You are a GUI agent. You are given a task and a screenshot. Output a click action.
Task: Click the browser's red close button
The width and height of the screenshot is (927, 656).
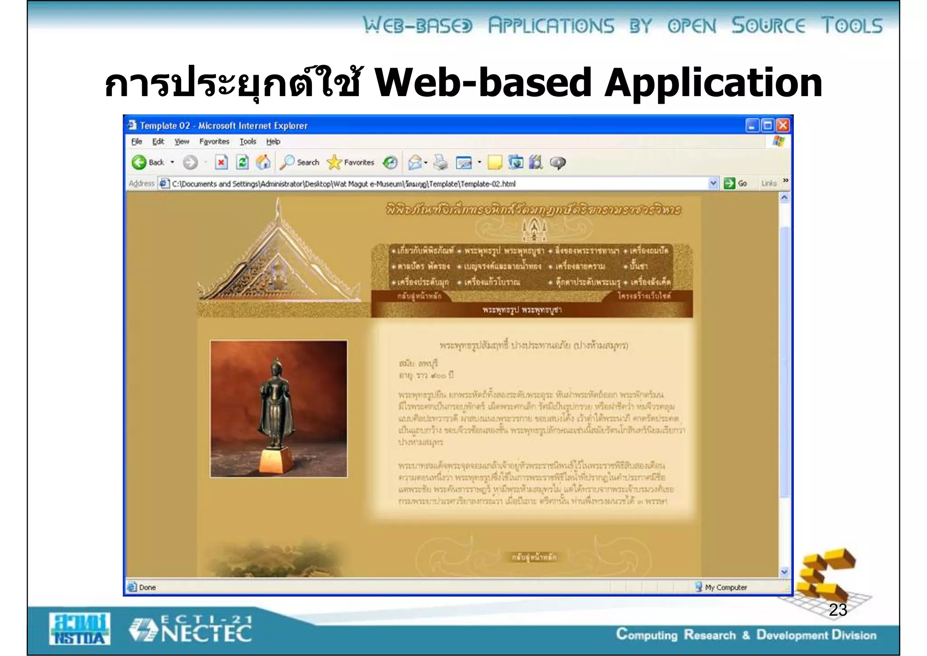(x=783, y=125)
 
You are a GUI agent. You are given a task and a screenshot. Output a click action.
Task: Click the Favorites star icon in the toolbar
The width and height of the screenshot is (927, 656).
(x=334, y=162)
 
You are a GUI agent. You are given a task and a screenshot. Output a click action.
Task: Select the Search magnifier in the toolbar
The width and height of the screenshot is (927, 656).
(x=287, y=162)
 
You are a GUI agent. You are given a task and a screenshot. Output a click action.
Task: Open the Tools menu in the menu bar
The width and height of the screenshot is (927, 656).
(x=248, y=141)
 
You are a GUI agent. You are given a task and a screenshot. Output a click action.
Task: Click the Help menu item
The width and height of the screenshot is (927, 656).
(x=273, y=141)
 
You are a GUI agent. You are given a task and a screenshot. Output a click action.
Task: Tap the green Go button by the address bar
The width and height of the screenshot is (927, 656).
(x=729, y=183)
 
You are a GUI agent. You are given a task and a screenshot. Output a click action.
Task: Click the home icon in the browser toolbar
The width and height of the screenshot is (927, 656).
(x=263, y=162)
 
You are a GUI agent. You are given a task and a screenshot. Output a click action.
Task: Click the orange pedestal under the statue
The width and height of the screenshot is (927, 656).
(x=276, y=462)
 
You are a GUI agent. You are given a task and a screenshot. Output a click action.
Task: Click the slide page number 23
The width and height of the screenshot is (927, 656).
(x=838, y=610)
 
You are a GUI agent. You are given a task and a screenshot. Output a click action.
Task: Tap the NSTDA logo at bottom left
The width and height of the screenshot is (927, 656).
(x=80, y=629)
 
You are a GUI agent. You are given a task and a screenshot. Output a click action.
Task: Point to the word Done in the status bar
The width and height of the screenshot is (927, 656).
(x=148, y=587)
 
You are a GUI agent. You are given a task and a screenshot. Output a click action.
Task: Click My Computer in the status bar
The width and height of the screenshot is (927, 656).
(x=726, y=587)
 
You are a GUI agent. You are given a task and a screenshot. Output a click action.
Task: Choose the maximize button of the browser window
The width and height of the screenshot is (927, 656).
(x=767, y=125)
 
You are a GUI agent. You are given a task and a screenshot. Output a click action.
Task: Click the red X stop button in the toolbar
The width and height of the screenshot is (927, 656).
(x=221, y=162)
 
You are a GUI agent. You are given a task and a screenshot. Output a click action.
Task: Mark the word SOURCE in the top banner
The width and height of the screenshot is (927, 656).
(x=768, y=26)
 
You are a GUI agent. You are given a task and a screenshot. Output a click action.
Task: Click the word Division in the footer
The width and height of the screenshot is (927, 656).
(x=854, y=635)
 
